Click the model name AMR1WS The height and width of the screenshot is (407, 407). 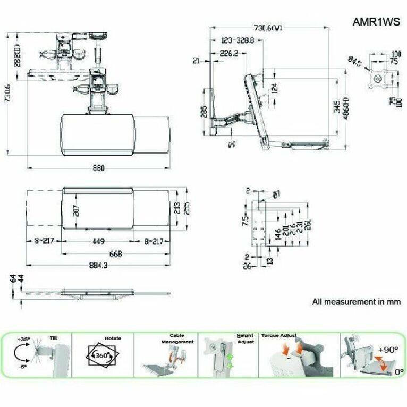tap(376, 22)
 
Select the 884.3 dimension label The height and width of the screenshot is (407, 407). tap(99, 266)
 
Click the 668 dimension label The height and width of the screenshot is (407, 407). tap(115, 254)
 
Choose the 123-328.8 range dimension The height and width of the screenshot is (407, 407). tap(236, 40)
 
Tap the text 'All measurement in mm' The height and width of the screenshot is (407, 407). tap(356, 302)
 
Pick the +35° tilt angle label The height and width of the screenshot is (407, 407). tap(23, 339)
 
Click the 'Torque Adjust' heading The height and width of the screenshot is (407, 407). tap(279, 336)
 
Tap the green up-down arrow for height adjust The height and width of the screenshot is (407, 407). tap(230, 361)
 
